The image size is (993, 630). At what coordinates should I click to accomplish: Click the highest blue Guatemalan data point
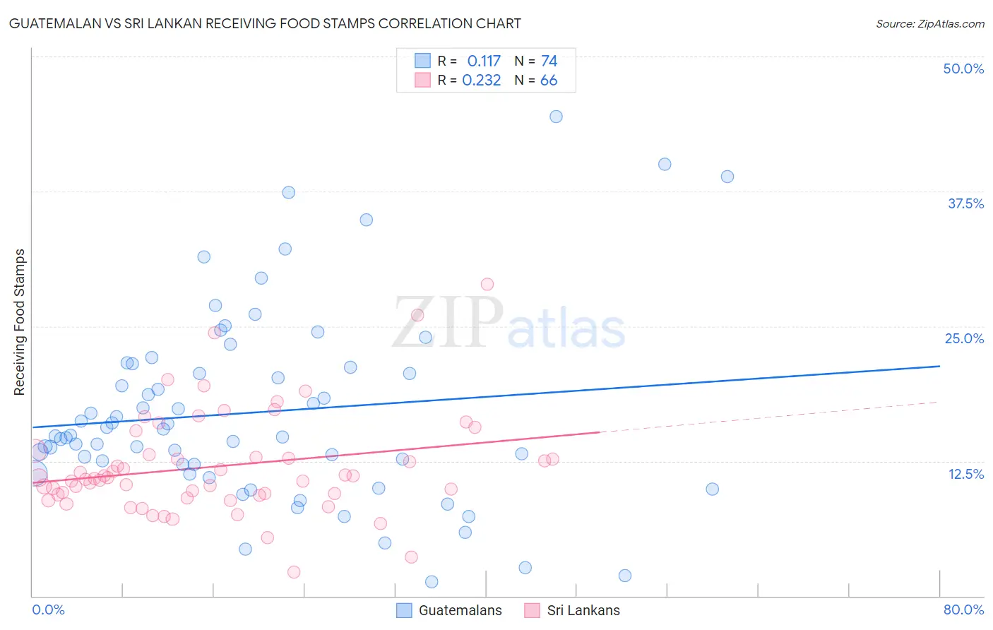click(556, 117)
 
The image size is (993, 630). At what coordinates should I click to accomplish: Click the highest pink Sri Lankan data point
click(487, 284)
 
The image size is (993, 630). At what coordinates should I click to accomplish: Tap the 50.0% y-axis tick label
click(963, 69)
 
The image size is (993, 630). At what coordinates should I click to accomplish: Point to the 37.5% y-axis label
click(965, 203)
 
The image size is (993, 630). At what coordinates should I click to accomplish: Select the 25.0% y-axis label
click(964, 338)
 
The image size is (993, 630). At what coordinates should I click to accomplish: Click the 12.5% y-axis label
click(965, 474)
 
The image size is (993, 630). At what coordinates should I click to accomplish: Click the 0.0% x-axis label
click(48, 610)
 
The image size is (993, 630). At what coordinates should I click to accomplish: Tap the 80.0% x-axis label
click(963, 610)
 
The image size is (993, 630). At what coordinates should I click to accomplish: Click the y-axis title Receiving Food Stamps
click(20, 322)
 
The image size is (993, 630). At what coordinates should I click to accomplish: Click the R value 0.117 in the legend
click(484, 61)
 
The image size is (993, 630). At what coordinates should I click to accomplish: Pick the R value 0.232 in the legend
click(482, 81)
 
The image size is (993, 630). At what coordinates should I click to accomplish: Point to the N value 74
click(549, 61)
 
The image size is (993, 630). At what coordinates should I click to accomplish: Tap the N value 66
click(549, 81)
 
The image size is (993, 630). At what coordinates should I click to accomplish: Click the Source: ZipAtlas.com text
click(929, 24)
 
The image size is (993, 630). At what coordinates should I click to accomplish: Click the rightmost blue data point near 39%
click(727, 177)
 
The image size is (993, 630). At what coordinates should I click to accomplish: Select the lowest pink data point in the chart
click(294, 572)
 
